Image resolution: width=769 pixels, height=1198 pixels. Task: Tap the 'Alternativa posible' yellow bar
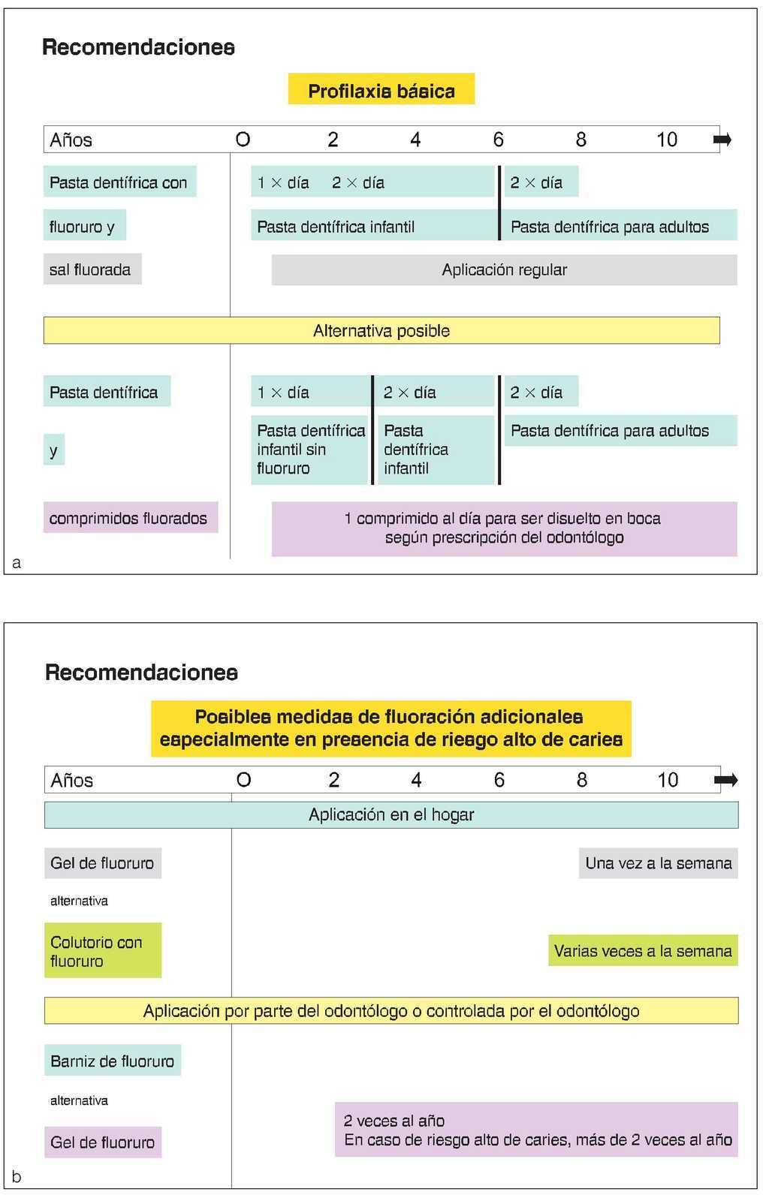pyautogui.click(x=381, y=331)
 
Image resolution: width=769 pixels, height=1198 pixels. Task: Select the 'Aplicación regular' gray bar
pyautogui.click(x=504, y=270)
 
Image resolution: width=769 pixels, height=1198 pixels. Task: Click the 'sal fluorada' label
pyautogui.click(x=91, y=269)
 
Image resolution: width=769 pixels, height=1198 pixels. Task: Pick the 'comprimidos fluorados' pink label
pyautogui.click(x=129, y=518)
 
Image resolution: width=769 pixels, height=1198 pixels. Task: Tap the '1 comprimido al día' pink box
pyautogui.click(x=504, y=528)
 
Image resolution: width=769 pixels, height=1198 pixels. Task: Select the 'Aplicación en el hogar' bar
pyautogui.click(x=391, y=815)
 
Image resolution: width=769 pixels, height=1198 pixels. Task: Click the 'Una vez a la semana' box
pyautogui.click(x=658, y=863)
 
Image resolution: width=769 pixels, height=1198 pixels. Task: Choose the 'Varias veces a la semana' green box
pyautogui.click(x=643, y=951)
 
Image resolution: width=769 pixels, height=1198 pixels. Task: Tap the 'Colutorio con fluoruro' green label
pyautogui.click(x=103, y=951)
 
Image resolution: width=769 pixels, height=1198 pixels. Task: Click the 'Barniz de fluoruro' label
pyautogui.click(x=113, y=1061)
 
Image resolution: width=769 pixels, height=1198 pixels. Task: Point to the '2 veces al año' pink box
pyautogui.click(x=537, y=1130)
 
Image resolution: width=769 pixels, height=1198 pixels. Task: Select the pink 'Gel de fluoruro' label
pyautogui.click(x=103, y=1142)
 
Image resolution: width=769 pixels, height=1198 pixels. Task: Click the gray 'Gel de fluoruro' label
pyautogui.click(x=103, y=863)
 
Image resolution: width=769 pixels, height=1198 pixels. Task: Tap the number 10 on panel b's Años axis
pyautogui.click(x=668, y=780)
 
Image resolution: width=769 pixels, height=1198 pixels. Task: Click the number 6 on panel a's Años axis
pyautogui.click(x=499, y=140)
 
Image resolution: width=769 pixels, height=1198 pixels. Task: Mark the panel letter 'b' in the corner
pyautogui.click(x=17, y=1177)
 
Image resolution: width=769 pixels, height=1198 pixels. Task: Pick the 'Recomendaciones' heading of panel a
pyautogui.click(x=139, y=47)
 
